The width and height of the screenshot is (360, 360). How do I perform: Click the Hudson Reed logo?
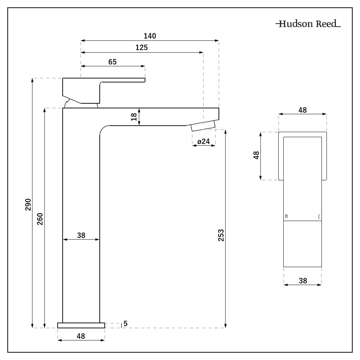(x=308, y=24)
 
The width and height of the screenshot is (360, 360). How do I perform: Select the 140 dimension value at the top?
(x=150, y=36)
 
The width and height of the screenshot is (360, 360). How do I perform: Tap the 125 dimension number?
(x=141, y=48)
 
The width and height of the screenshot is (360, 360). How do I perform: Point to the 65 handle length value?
(x=112, y=62)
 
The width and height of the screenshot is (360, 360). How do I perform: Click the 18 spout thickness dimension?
(x=134, y=117)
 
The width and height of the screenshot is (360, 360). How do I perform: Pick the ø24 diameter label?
(x=203, y=141)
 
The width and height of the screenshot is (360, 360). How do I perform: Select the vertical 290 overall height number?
(x=28, y=204)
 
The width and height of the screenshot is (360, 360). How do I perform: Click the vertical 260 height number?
(x=40, y=219)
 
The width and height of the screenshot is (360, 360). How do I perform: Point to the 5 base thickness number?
(x=125, y=324)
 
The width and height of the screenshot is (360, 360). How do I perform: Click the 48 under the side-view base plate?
(x=81, y=336)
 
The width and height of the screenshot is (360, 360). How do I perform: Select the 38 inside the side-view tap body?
(x=81, y=235)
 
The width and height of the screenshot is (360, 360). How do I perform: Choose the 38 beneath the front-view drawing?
(x=303, y=281)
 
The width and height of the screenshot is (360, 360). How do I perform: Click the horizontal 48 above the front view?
(x=302, y=110)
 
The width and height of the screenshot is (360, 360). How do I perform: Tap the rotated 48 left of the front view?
(x=256, y=155)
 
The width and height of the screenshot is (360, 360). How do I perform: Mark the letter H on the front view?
(x=286, y=216)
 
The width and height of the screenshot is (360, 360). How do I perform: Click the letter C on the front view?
(x=319, y=216)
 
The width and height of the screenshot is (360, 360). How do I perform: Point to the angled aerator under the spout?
(x=203, y=126)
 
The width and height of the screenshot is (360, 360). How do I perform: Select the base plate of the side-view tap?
(x=81, y=325)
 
